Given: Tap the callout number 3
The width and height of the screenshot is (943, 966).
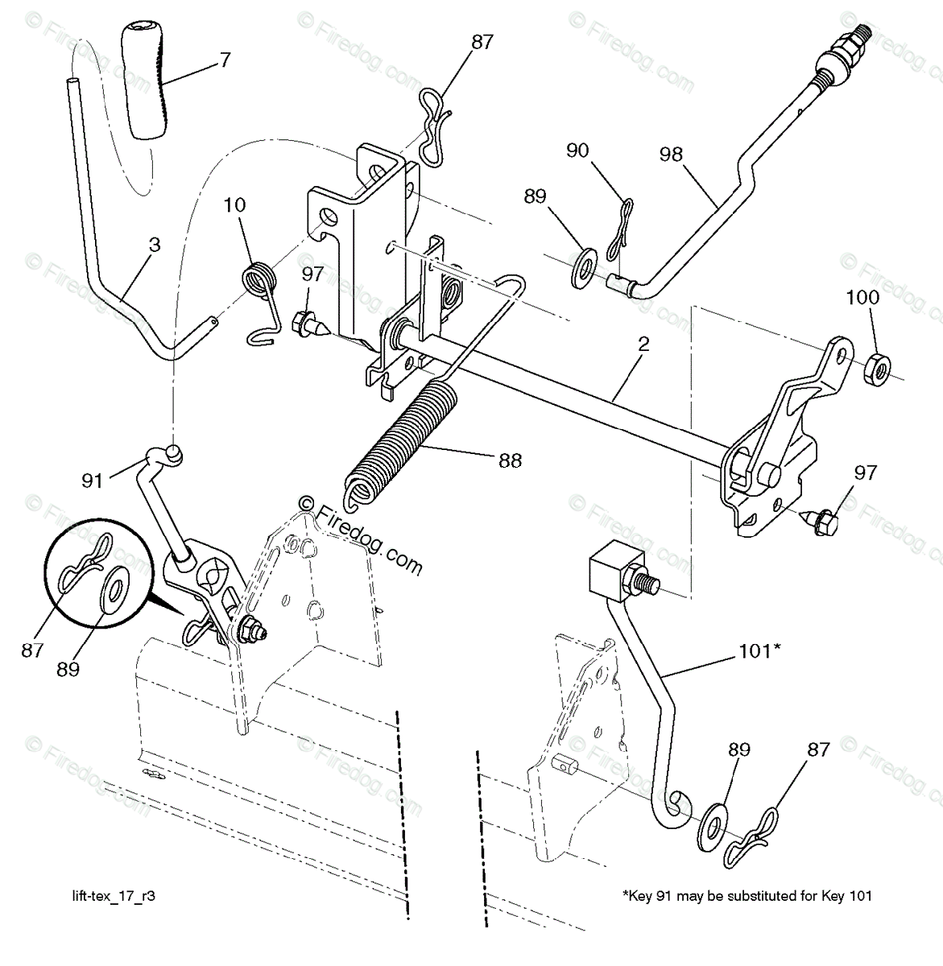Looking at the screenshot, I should click(155, 245).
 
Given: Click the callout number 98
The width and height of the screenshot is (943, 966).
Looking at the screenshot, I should click(670, 154).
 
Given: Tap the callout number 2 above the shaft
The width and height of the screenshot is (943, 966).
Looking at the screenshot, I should click(643, 345).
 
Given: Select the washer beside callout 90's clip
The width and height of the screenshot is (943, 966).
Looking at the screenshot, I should click(583, 268).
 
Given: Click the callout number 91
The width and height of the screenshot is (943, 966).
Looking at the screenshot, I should click(92, 481).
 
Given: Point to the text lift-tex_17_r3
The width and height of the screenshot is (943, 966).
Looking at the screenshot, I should click(112, 895).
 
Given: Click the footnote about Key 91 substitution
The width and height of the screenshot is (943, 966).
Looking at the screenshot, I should click(747, 895).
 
